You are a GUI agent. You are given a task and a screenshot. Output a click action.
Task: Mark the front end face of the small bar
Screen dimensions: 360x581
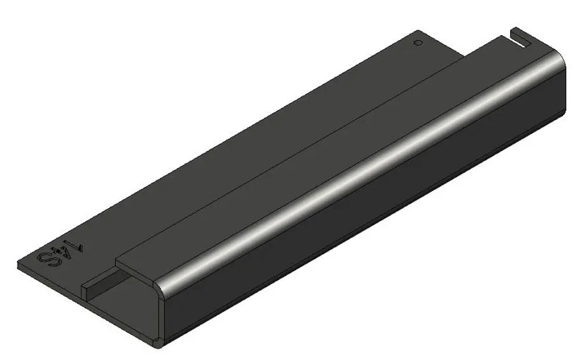(85, 287)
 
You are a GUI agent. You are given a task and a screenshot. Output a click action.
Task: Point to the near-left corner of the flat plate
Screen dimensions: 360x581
(18, 264)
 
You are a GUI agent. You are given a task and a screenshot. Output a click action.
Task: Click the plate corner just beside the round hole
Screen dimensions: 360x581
(428, 33)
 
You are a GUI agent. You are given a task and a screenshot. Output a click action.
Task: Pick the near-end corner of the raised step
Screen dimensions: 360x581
(117, 263)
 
